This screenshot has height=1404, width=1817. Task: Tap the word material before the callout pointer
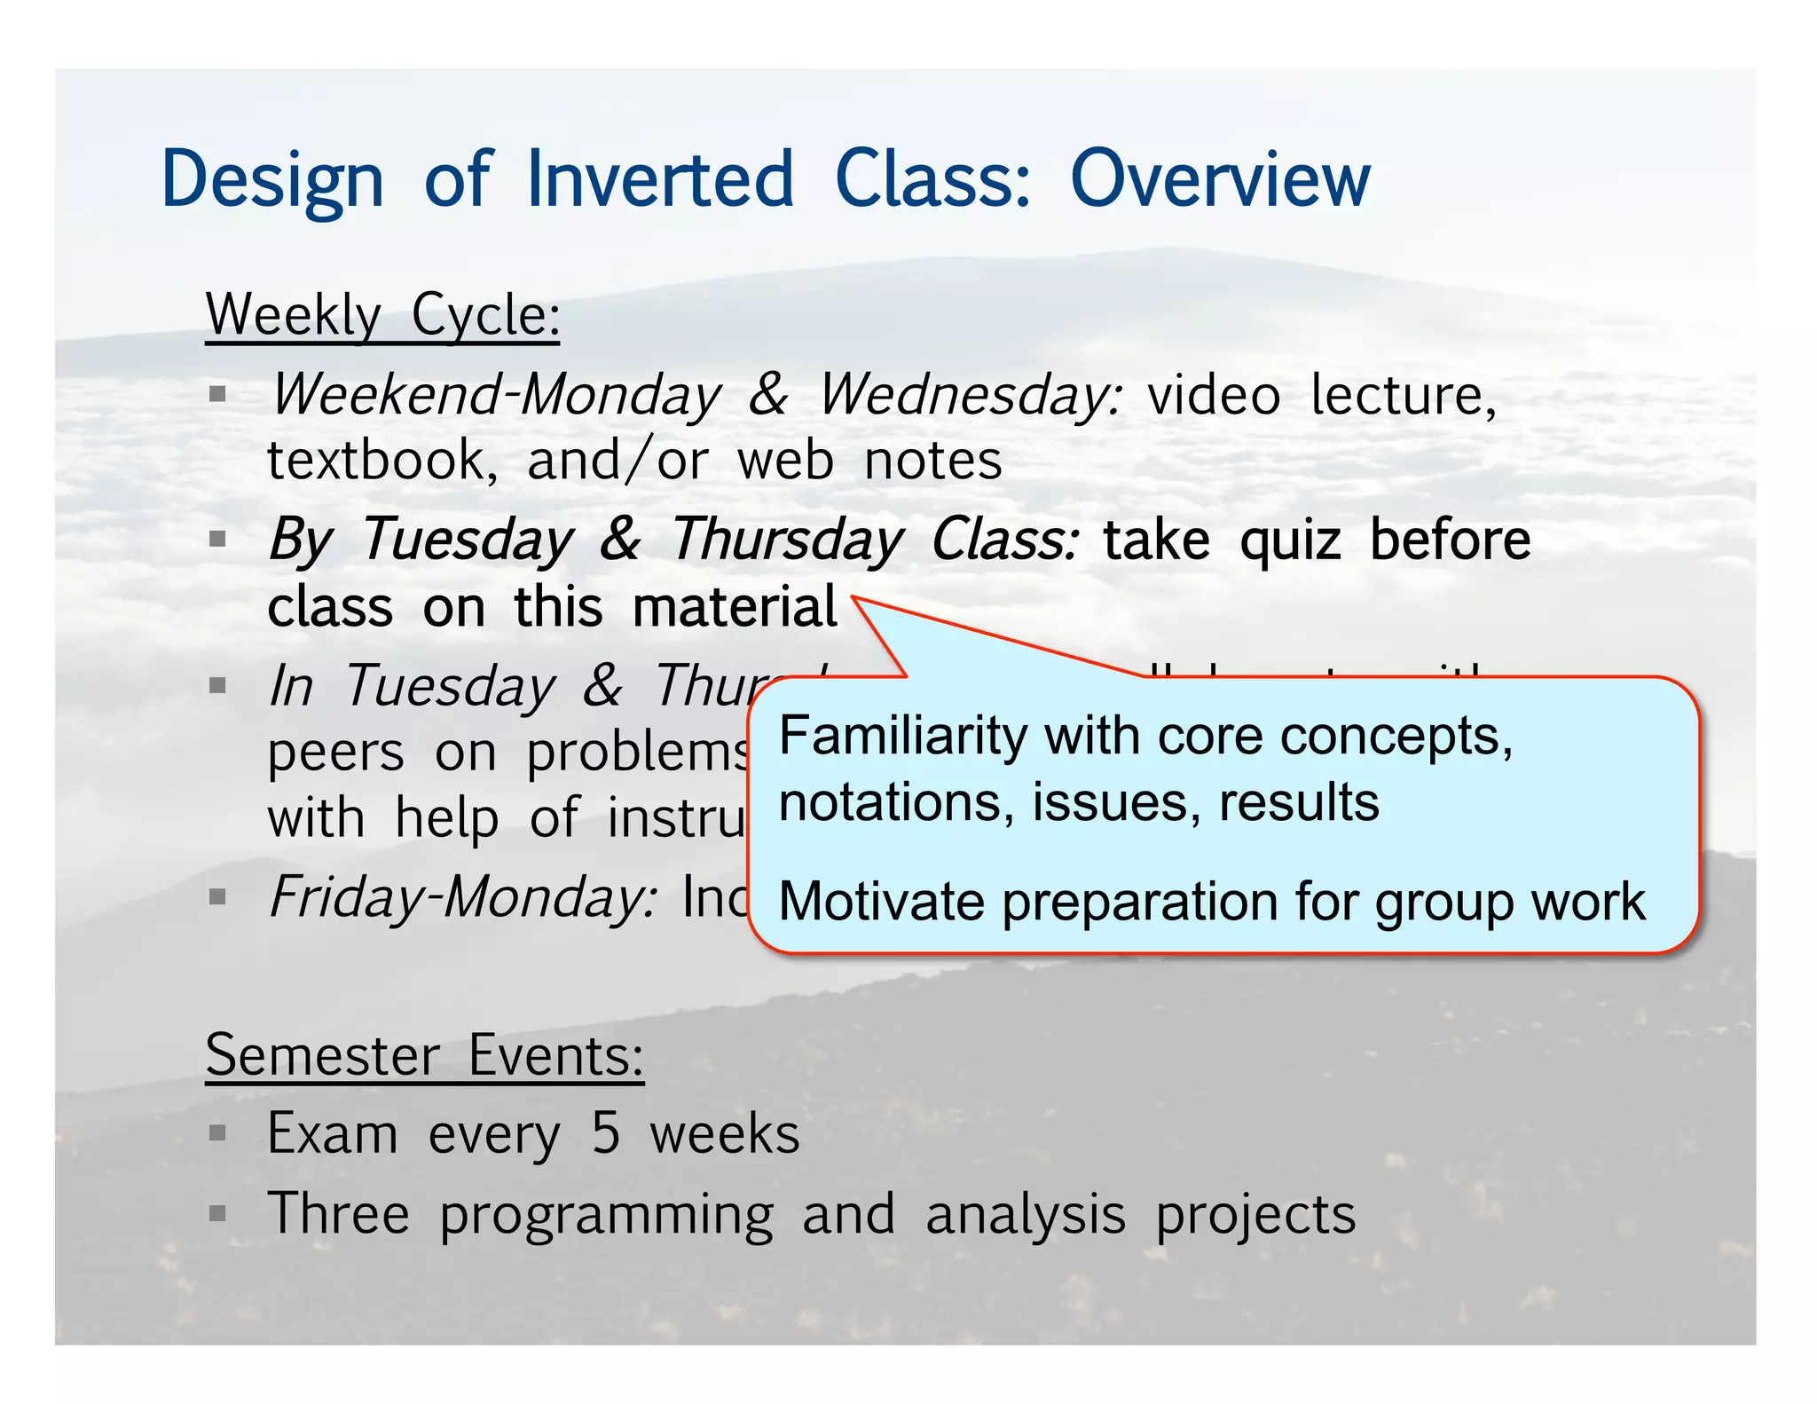735,607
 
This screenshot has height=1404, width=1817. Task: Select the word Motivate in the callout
881,902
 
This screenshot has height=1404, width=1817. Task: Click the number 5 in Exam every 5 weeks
605,1133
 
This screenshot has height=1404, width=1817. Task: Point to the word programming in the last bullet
606,1215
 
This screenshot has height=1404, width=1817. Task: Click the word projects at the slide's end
1255,1215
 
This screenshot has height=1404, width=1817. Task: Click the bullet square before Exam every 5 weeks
217,1133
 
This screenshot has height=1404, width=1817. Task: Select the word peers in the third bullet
336,753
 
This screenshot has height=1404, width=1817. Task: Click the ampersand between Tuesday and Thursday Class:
620,539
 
